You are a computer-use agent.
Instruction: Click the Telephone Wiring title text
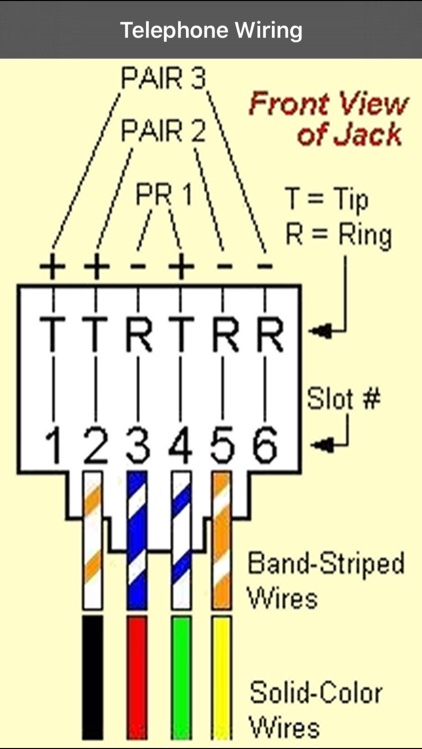click(x=211, y=30)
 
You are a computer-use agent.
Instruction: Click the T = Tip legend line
click(x=327, y=199)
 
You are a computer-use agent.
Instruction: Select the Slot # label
click(x=341, y=398)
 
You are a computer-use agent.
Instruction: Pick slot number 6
click(x=264, y=447)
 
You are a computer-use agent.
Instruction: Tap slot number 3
click(x=138, y=447)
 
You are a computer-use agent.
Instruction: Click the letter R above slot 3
click(x=139, y=335)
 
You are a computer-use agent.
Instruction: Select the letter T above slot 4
click(x=181, y=335)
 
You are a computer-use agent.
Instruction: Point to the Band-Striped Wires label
click(x=326, y=579)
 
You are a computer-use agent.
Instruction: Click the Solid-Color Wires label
click(x=317, y=708)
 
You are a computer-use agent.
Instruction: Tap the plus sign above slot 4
click(x=181, y=269)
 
